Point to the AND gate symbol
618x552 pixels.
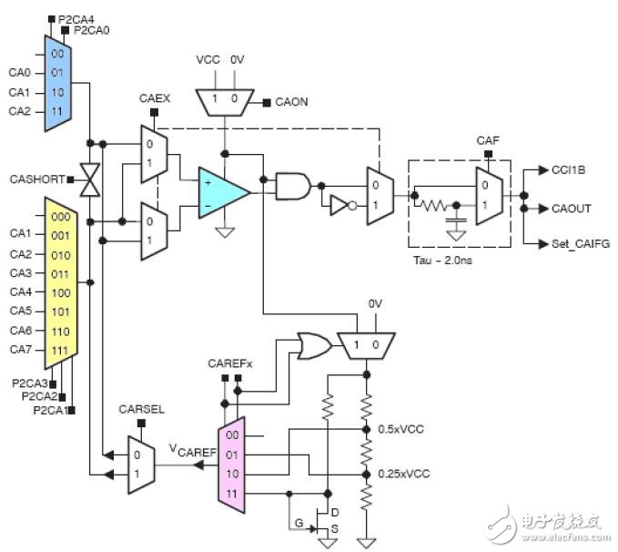click(292, 186)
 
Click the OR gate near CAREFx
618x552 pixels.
click(313, 344)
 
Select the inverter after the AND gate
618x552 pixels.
click(339, 207)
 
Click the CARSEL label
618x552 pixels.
click(141, 409)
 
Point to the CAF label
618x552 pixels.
click(487, 139)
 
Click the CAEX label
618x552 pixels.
click(151, 97)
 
